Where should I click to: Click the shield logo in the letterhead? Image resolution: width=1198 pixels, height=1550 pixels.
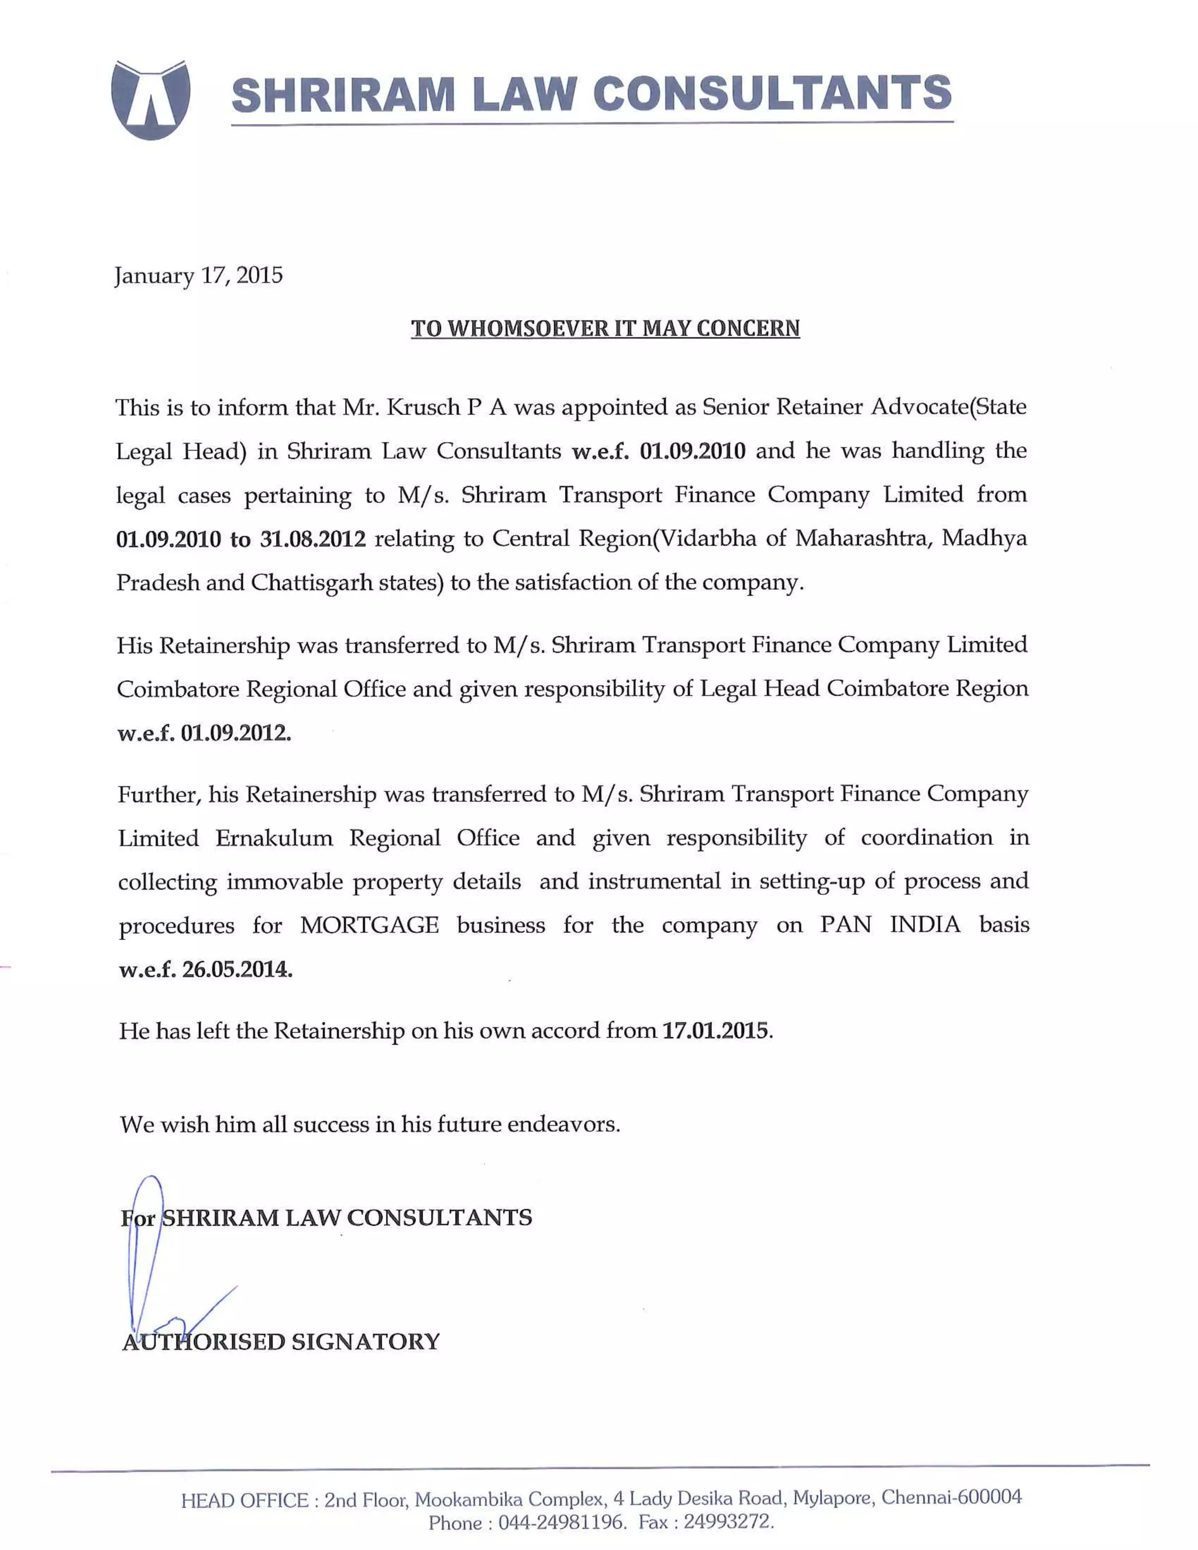point(150,99)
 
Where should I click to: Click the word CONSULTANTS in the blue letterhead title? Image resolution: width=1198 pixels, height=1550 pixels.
point(772,93)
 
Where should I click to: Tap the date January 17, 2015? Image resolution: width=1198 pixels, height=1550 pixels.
point(199,275)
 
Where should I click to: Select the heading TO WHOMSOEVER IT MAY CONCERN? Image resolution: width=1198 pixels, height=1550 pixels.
point(605,329)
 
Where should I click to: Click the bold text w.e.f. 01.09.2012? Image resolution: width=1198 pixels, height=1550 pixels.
point(204,732)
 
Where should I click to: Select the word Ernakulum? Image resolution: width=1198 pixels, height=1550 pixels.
point(274,838)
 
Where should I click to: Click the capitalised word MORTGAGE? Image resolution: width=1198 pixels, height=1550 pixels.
point(369,925)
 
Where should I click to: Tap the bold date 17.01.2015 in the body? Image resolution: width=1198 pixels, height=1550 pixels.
point(715,1031)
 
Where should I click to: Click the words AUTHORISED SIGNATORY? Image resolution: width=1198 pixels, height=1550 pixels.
point(281,1342)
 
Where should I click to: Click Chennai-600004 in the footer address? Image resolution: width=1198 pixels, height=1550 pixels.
point(951,1497)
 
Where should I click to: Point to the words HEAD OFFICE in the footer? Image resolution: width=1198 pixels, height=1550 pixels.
point(245,1501)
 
